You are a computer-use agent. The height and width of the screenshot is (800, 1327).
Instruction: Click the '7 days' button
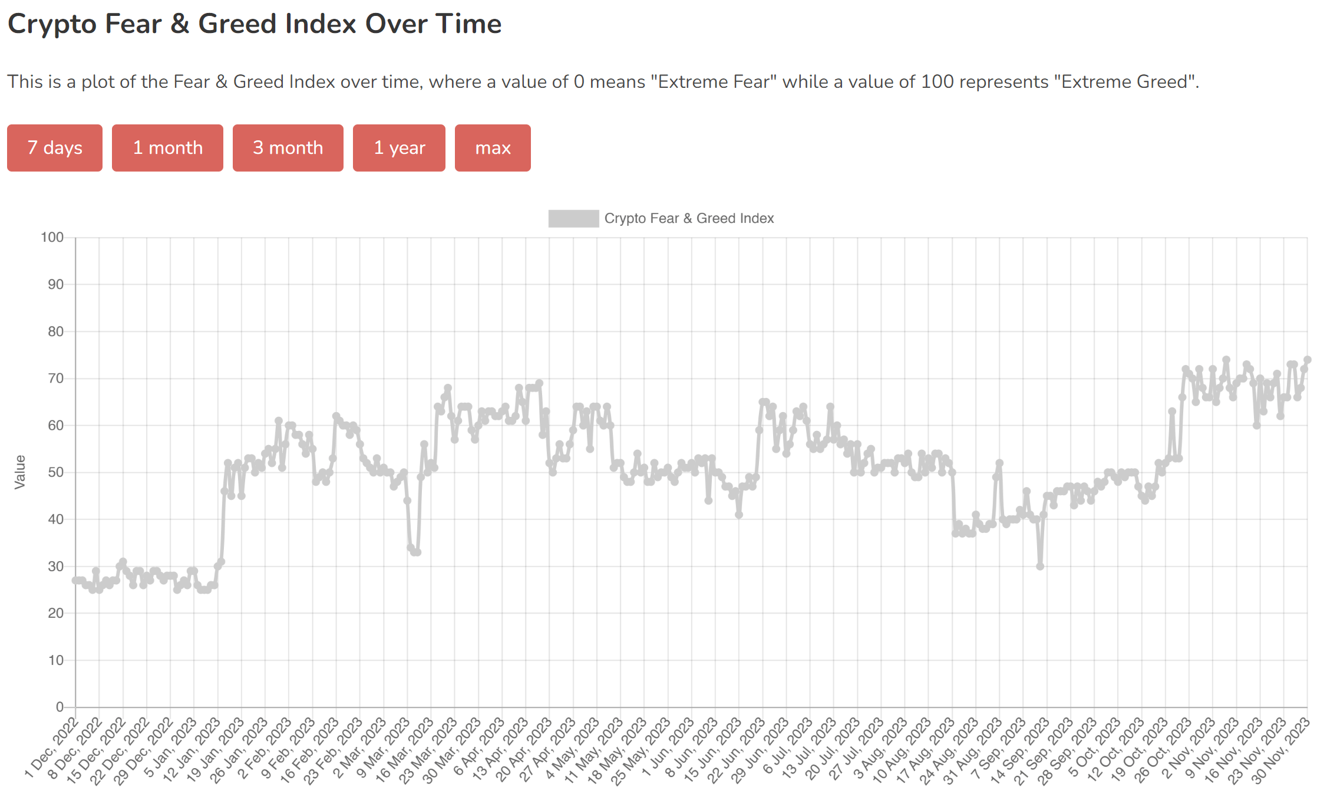(55, 148)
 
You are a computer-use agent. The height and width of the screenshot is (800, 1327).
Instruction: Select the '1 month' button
(167, 148)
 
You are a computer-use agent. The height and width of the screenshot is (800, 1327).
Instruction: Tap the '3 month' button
(288, 148)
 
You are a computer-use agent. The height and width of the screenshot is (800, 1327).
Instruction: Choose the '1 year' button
(399, 148)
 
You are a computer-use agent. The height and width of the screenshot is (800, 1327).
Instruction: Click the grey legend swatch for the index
(573, 219)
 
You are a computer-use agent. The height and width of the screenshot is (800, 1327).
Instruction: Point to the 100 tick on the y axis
(52, 238)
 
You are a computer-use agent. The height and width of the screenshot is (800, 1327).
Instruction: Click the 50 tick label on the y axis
(55, 472)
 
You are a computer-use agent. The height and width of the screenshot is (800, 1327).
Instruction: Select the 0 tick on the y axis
(60, 707)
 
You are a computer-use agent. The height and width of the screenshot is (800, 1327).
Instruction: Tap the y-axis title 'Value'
(20, 472)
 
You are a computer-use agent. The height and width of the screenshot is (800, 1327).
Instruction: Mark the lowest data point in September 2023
(1040, 566)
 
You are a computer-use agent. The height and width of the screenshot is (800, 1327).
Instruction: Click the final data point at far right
(1307, 360)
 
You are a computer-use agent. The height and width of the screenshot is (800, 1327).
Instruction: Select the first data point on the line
(75, 580)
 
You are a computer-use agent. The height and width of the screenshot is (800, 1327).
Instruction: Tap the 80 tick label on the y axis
(55, 331)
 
